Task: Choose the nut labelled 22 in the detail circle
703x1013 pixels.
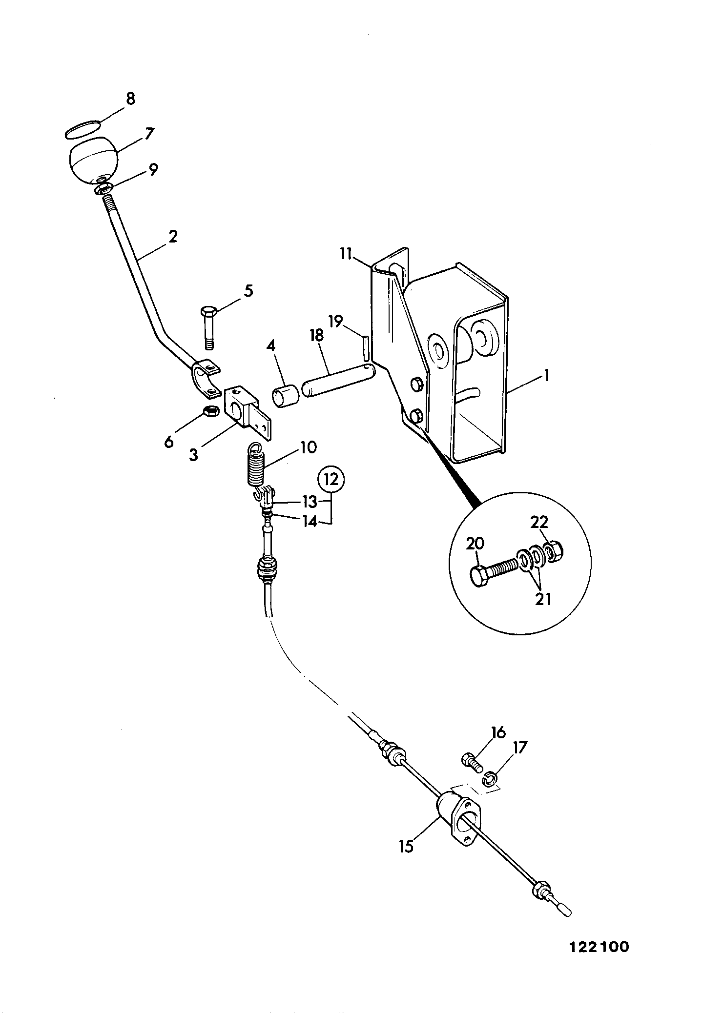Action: coord(553,552)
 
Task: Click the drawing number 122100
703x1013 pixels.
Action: coord(599,947)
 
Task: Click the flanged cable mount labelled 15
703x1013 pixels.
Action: coord(457,816)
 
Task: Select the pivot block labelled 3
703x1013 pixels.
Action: coord(247,407)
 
